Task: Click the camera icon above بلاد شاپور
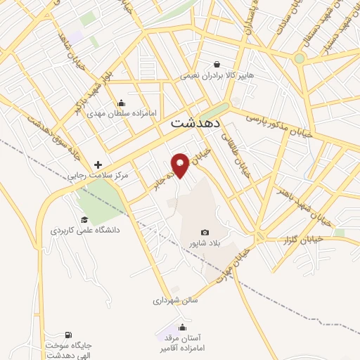click(205, 232)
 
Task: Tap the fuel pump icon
click(68, 335)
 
